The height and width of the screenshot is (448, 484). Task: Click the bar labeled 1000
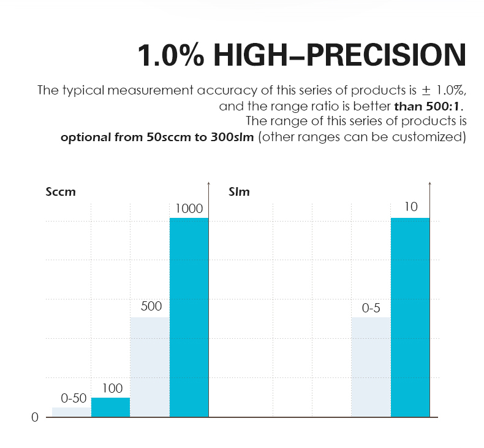[189, 317]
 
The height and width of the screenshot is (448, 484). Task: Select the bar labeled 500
[149, 367]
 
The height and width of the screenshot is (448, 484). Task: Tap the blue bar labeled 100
[110, 407]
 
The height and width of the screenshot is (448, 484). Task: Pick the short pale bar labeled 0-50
[72, 412]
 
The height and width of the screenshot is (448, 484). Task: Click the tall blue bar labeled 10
[410, 317]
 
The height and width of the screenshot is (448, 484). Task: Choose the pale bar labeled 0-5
[371, 367]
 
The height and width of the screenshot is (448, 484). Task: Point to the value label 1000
[189, 209]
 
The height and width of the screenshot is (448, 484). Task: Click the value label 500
[151, 306]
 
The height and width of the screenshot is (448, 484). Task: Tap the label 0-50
[74, 398]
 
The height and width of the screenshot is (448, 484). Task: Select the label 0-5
[371, 308]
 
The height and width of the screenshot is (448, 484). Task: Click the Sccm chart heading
[61, 192]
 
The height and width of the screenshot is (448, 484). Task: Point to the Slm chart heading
[239, 192]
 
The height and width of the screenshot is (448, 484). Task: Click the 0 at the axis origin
[35, 417]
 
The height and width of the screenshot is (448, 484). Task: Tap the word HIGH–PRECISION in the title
[339, 55]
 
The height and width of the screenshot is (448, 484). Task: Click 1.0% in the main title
[171, 55]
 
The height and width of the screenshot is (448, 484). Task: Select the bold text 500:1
[443, 106]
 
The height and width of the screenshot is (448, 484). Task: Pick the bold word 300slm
[232, 137]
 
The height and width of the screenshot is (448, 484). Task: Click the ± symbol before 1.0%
[426, 91]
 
